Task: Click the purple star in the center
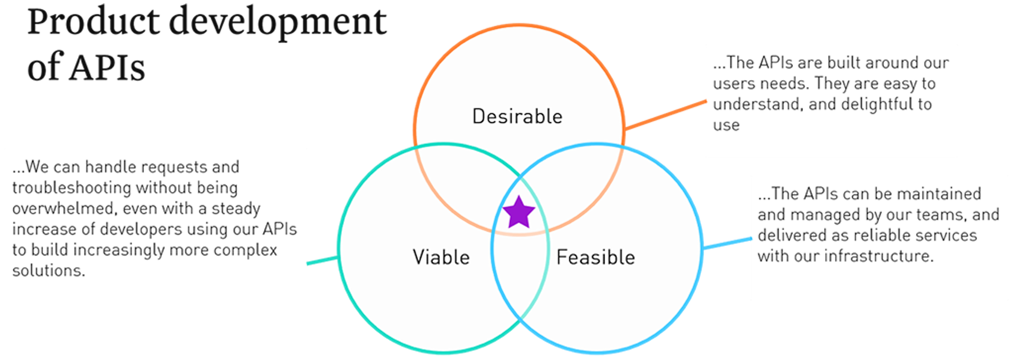coord(518,213)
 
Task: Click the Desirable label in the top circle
coord(517,116)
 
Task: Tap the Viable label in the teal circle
coord(441,257)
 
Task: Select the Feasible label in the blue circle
coord(595,257)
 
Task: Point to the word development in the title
coord(278,23)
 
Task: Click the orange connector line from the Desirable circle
coord(665,115)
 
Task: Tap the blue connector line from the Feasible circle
coord(727,243)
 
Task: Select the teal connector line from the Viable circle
coord(322,260)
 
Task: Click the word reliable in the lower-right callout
coord(876,235)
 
